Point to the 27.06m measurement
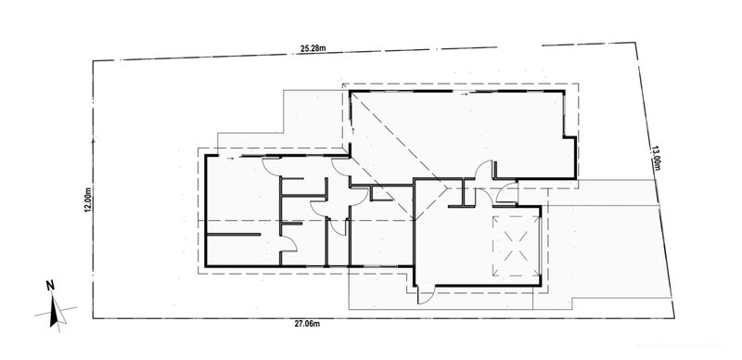pyautogui.click(x=307, y=324)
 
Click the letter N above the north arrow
pyautogui.click(x=52, y=286)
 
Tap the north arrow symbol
pyautogui.click(x=55, y=310)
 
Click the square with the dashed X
pyautogui.click(x=515, y=245)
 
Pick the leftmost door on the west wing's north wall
pyautogui.click(x=270, y=166)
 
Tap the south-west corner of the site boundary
pyautogui.click(x=92, y=318)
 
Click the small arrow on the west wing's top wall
pyautogui.click(x=229, y=158)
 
